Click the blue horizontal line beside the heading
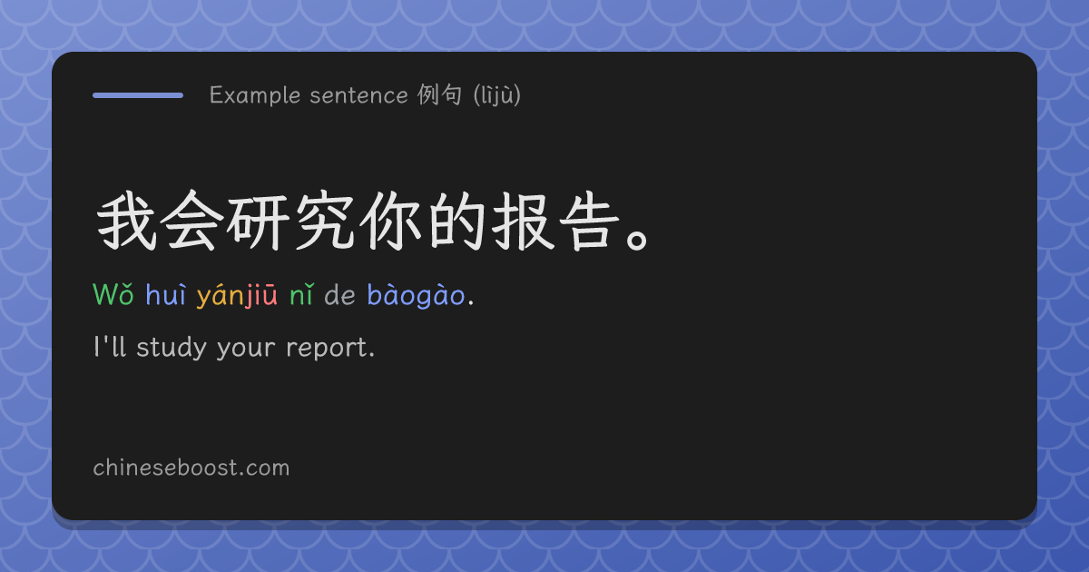coord(138,95)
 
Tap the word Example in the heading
coord(255,95)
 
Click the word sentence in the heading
coord(358,95)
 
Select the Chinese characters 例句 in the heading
coord(439,94)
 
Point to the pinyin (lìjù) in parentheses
coord(497,95)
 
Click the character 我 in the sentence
coord(127,221)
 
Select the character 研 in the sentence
coord(258,222)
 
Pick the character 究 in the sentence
coord(325,221)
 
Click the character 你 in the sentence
coord(390,221)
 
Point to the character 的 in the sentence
coord(457,221)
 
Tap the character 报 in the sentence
coord(523,221)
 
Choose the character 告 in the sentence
coord(590,221)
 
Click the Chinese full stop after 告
coord(637,240)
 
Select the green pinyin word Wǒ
coord(113,294)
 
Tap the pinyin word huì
coord(166,294)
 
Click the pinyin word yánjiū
coord(237,295)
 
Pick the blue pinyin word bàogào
coord(417,295)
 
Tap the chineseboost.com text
coord(191,468)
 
